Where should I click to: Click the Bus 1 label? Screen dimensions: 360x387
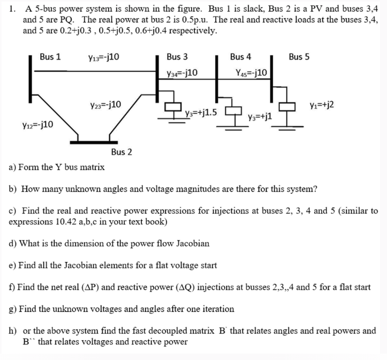(50, 57)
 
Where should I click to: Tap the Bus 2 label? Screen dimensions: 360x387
(122, 152)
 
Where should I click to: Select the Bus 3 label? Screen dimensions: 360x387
(177, 57)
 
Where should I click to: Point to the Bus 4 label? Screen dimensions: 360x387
(241, 57)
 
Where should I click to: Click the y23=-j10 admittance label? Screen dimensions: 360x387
(106, 104)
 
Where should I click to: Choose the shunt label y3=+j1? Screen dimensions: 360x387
(261, 116)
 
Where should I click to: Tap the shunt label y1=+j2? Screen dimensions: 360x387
(322, 105)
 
